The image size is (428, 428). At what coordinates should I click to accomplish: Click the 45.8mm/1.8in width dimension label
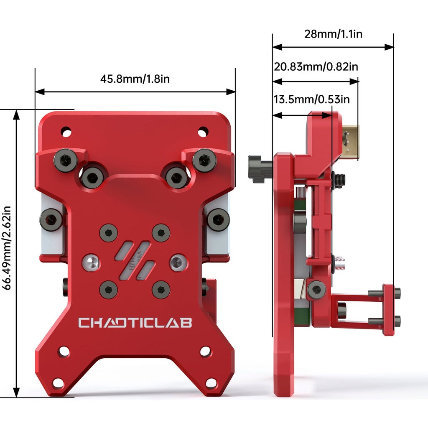(135, 79)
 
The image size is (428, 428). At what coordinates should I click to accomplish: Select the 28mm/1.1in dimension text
(333, 34)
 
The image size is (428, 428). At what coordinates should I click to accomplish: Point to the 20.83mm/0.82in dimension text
(316, 67)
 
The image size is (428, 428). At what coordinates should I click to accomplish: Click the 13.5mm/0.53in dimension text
(311, 99)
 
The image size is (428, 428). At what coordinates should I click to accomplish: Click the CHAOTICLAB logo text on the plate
(135, 323)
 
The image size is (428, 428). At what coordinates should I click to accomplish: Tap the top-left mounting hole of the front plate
(66, 132)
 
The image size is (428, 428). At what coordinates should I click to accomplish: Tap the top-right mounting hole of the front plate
(203, 131)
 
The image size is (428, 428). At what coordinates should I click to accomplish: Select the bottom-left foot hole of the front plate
(58, 383)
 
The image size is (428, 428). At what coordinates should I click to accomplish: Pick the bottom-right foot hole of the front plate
(211, 383)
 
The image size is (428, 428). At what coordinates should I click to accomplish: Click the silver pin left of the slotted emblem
(91, 263)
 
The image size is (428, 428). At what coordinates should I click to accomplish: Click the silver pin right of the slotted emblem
(178, 263)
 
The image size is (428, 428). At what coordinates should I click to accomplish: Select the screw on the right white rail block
(218, 219)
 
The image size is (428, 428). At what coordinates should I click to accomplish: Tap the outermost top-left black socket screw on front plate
(66, 160)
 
